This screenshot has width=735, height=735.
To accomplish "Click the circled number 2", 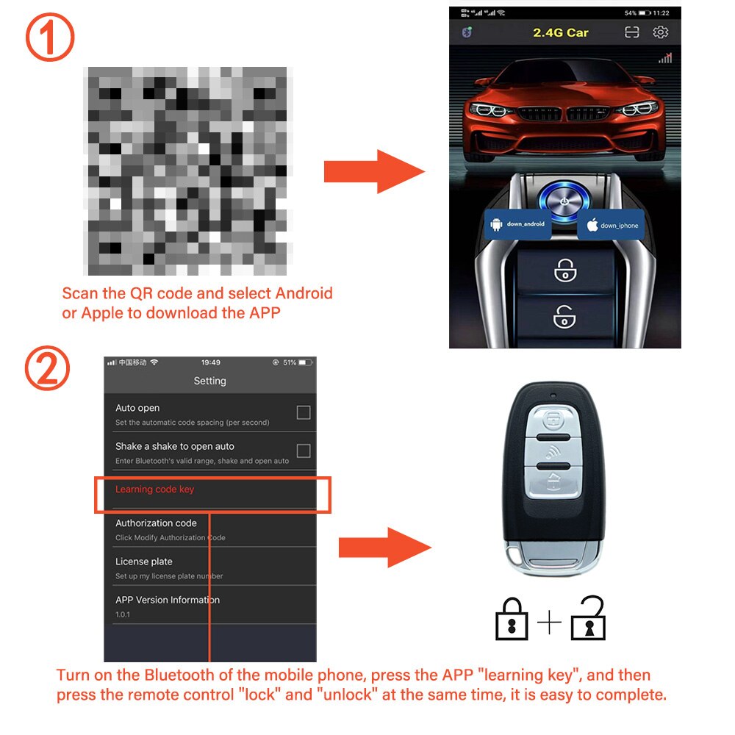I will pyautogui.click(x=49, y=370).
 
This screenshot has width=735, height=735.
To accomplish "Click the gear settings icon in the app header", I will pyautogui.click(x=660, y=32).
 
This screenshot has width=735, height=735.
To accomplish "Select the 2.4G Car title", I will pyautogui.click(x=560, y=33).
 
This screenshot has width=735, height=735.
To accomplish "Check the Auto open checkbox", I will pyautogui.click(x=303, y=412).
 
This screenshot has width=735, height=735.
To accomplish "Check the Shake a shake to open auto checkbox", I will pyautogui.click(x=303, y=451).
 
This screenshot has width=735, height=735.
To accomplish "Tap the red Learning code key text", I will pyautogui.click(x=155, y=490).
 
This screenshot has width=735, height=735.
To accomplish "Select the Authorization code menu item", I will pyautogui.click(x=156, y=523).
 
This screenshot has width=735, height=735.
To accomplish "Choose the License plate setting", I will pyautogui.click(x=144, y=562).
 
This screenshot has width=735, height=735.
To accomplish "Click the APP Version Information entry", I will pyautogui.click(x=168, y=600).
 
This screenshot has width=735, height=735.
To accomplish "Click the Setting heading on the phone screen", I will pyautogui.click(x=209, y=381).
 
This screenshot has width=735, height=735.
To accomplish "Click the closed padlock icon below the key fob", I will pyautogui.click(x=512, y=620).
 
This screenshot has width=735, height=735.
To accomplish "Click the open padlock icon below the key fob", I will pyautogui.click(x=589, y=618).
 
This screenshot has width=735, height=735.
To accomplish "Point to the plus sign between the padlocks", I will pyautogui.click(x=549, y=623).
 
